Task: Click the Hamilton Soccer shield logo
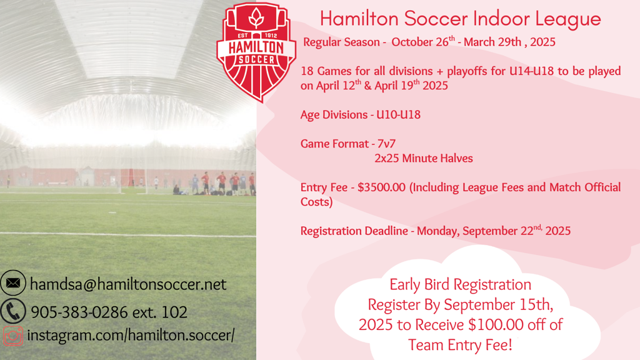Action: (x=256, y=52)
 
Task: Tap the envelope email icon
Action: (x=13, y=283)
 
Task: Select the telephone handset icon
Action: (x=13, y=311)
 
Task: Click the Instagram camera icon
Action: (x=13, y=336)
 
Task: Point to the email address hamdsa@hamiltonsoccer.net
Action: (x=128, y=284)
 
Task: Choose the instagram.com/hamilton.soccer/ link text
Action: (x=131, y=336)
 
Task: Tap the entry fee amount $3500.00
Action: (x=382, y=187)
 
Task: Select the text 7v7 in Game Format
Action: (x=386, y=144)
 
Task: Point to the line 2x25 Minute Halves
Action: (x=424, y=158)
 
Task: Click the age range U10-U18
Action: (x=398, y=115)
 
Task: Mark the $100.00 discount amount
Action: (x=496, y=325)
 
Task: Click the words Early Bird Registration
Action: (x=461, y=284)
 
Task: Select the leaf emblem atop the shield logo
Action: (x=256, y=18)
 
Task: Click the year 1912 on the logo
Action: (x=271, y=36)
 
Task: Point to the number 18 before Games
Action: (x=307, y=71)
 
